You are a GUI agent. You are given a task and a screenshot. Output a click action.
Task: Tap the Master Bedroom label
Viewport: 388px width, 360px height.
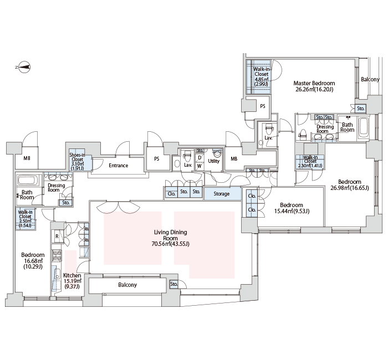tap(314, 86)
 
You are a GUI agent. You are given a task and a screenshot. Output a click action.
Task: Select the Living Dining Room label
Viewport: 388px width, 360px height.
tap(171, 238)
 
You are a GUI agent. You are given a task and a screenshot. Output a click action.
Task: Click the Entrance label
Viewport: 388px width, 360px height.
tap(118, 166)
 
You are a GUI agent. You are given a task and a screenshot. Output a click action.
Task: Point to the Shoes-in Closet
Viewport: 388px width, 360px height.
tap(80, 160)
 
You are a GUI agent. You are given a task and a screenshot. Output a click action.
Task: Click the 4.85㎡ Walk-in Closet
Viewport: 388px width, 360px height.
tap(258, 77)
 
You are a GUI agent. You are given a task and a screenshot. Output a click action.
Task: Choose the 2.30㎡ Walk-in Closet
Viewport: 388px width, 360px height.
tap(310, 162)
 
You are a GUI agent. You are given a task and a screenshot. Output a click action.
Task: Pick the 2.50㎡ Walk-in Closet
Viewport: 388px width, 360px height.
tap(25, 219)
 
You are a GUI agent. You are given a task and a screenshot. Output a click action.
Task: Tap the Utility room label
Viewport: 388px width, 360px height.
tap(213, 161)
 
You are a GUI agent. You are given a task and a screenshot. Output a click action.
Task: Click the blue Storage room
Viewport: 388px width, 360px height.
tap(222, 194)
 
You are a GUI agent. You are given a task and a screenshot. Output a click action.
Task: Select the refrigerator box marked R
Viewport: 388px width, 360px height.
tap(57, 236)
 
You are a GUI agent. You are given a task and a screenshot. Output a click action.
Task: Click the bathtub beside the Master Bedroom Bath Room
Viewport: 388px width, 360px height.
tap(363, 127)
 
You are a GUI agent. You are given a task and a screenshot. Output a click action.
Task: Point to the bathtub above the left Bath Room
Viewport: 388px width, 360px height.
tap(28, 180)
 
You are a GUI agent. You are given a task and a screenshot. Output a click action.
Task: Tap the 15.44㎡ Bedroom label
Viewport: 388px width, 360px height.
tap(292, 208)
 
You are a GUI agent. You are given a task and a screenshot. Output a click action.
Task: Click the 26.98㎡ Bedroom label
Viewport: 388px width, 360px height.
tap(350, 184)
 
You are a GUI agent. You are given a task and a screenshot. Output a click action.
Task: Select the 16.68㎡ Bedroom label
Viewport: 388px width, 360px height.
tap(33, 261)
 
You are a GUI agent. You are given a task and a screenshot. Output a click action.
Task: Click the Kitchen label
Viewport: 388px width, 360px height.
tap(72, 281)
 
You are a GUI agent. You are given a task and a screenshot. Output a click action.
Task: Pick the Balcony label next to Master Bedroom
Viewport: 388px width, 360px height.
tap(370, 79)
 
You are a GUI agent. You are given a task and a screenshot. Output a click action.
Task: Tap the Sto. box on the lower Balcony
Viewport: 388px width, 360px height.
tap(174, 284)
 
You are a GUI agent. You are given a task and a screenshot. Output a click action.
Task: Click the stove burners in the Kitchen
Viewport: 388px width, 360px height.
tap(57, 256)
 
